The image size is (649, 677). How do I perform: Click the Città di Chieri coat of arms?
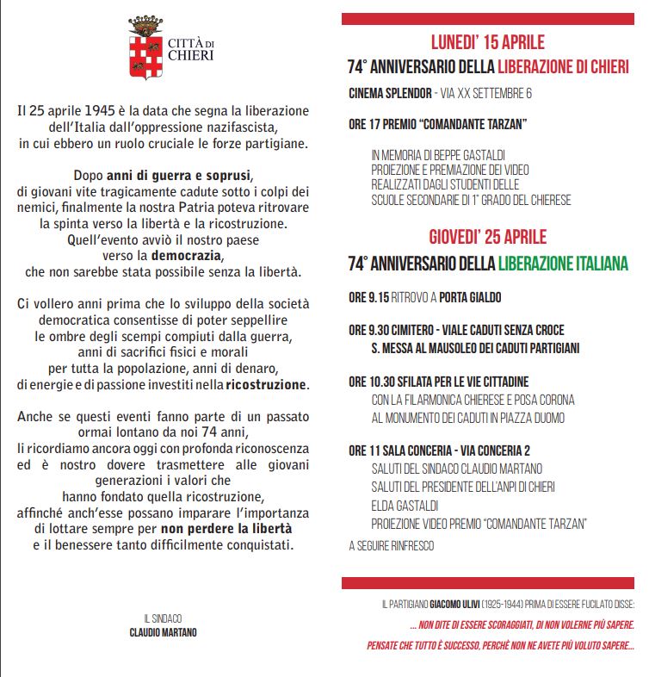pos(144,47)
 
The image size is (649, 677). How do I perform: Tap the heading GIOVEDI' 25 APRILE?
pos(487,237)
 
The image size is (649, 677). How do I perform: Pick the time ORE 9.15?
pos(369,298)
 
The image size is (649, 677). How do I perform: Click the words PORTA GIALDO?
pos(470,298)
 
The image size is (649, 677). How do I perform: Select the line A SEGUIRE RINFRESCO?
pos(392,545)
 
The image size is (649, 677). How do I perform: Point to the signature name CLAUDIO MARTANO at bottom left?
pos(163,631)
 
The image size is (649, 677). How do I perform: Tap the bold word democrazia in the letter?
pos(187,257)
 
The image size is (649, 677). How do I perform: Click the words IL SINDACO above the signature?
pos(163,618)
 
